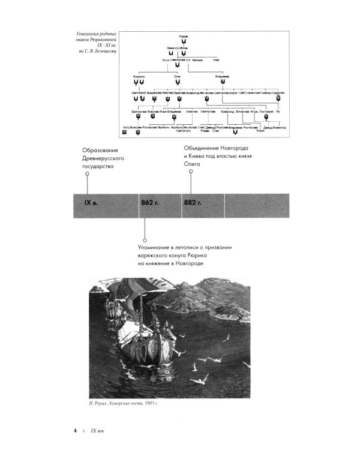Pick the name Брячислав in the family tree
click(138, 112)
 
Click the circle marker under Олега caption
click(191, 171)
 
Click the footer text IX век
click(97, 431)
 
